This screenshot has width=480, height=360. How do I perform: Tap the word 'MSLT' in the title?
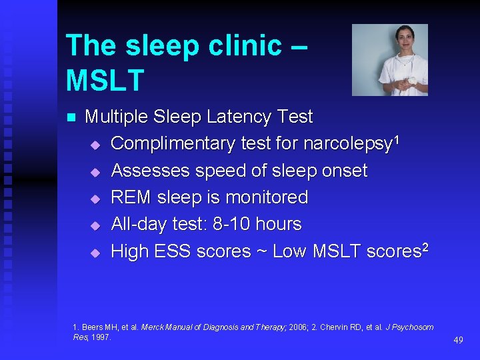(105, 80)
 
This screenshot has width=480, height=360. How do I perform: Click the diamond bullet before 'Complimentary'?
(95, 145)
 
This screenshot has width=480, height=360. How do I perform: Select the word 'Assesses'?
(150, 171)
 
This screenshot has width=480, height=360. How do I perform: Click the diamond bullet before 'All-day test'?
(95, 225)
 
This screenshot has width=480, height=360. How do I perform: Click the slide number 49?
(458, 340)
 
